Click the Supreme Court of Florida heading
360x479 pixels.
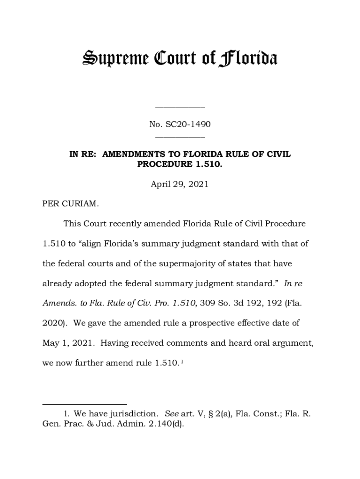[180, 59]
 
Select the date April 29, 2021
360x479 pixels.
[180, 184]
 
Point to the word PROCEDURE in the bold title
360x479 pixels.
[159, 164]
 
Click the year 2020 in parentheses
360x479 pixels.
[52, 323]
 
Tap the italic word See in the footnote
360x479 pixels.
[172, 414]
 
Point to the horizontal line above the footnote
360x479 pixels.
[85, 404]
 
